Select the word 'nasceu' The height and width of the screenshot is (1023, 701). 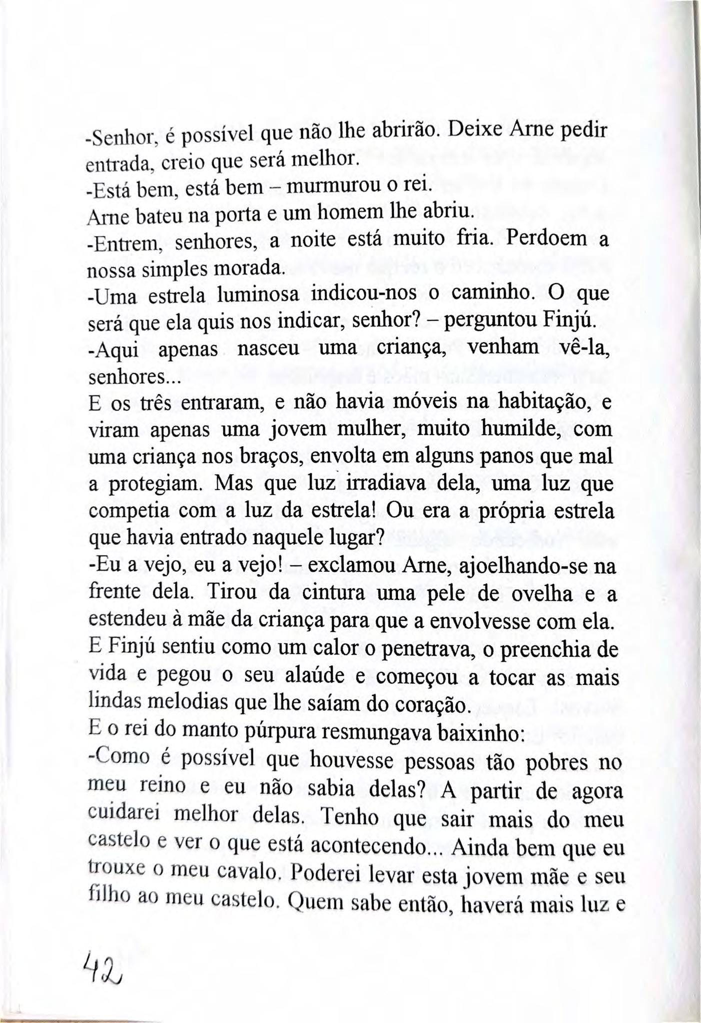[x=268, y=348]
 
